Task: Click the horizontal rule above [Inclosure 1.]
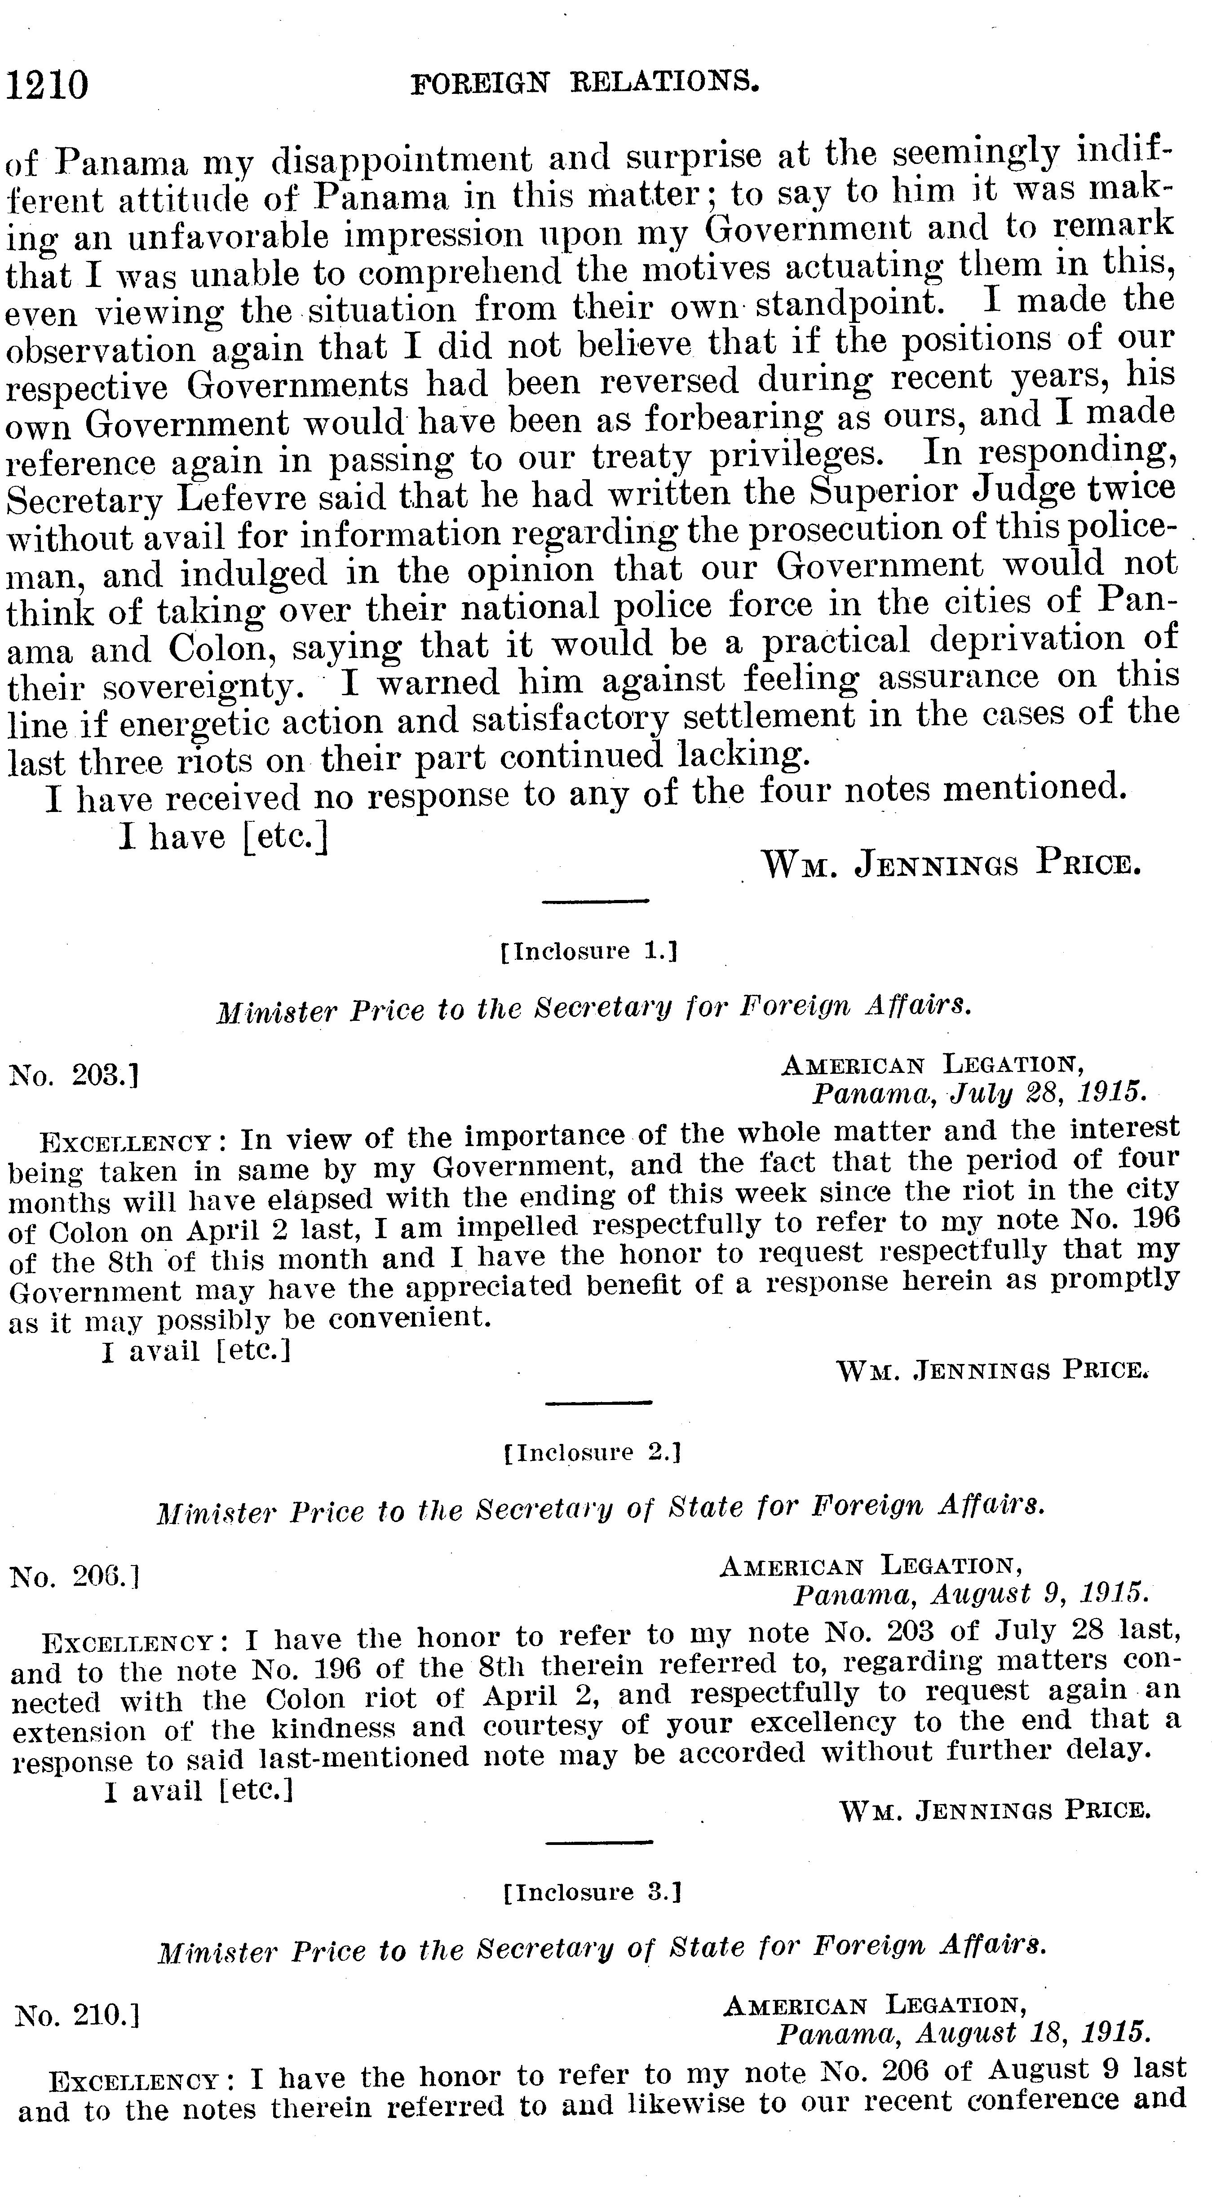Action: coord(597,900)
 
